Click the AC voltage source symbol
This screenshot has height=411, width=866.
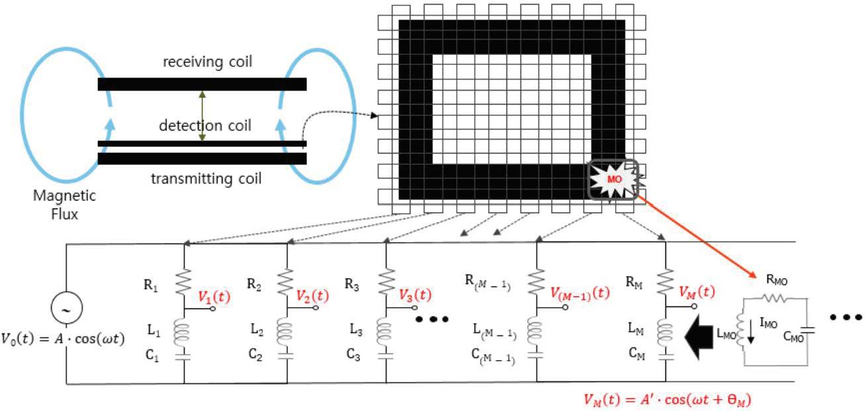click(x=66, y=309)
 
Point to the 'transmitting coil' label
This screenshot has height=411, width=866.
click(x=206, y=179)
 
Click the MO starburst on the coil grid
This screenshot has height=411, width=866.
click(x=612, y=179)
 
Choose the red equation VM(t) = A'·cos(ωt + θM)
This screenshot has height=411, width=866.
click(x=667, y=399)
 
